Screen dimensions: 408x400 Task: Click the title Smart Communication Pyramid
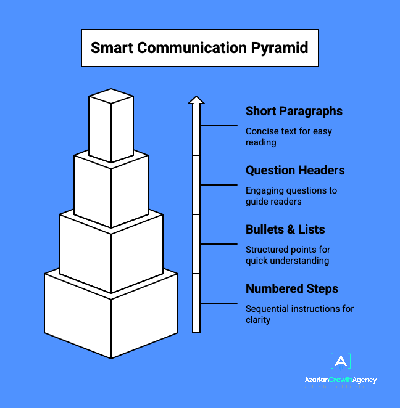click(x=199, y=47)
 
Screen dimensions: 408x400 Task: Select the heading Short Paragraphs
click(x=294, y=112)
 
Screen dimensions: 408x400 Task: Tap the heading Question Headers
click(x=295, y=171)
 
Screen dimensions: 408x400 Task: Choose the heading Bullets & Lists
click(x=285, y=230)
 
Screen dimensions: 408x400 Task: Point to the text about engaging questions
click(x=291, y=196)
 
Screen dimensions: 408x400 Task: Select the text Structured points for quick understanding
click(x=288, y=255)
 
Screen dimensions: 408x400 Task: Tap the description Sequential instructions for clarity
click(x=299, y=314)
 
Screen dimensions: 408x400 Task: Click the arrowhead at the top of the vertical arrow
click(x=196, y=100)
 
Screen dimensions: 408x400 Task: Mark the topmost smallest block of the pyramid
click(x=111, y=126)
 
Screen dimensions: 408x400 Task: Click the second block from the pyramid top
click(x=111, y=188)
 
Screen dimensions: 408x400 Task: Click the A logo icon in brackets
click(x=341, y=362)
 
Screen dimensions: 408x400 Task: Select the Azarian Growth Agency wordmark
click(x=341, y=380)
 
